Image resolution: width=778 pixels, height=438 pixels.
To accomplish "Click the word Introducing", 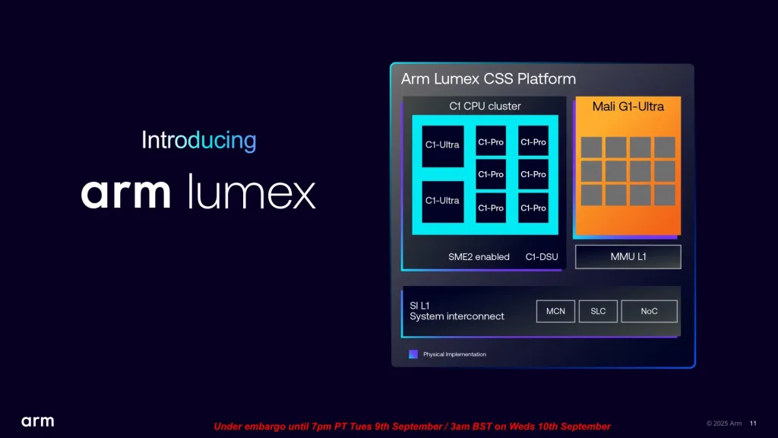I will [x=199, y=141].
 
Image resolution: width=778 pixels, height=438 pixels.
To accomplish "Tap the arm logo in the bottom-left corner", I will [x=37, y=421].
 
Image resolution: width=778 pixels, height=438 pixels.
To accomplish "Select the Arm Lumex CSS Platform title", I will [x=489, y=79].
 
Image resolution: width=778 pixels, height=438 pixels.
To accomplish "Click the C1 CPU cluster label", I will [x=485, y=106].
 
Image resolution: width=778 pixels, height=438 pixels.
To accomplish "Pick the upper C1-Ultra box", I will [x=442, y=144].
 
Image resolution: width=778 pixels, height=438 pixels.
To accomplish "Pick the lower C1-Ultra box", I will [x=442, y=201].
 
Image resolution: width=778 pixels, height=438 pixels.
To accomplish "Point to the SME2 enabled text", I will [x=479, y=257].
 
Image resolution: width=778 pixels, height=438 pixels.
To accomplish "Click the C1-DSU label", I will [x=542, y=257].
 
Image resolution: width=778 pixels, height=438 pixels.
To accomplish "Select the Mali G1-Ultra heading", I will [x=628, y=106].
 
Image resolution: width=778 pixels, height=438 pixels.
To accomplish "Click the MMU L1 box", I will [x=628, y=257].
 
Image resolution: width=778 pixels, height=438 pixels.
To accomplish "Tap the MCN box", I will [x=555, y=311].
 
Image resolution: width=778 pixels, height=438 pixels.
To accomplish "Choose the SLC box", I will [x=598, y=311].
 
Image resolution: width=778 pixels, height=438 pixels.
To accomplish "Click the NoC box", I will [x=649, y=311].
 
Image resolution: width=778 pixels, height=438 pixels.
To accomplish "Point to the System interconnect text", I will [x=457, y=316].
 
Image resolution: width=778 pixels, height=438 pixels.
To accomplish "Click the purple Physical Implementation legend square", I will [x=413, y=354].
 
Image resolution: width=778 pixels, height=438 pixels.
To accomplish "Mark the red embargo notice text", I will [x=412, y=427].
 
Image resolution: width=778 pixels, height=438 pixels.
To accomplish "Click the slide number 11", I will [x=753, y=424].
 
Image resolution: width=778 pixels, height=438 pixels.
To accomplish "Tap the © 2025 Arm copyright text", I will [x=724, y=424].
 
